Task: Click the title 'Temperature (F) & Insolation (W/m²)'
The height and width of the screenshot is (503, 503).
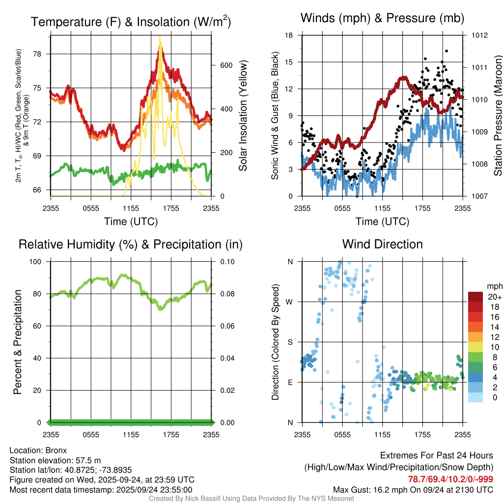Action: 131,22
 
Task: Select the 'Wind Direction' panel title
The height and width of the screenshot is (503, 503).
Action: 382,244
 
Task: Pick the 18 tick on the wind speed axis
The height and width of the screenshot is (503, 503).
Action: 289,35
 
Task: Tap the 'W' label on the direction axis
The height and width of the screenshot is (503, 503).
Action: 289,302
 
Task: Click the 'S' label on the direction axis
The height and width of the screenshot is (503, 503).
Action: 290,342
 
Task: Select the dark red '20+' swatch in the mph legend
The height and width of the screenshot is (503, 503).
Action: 475,297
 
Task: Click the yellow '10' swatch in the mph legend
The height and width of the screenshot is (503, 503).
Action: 475,346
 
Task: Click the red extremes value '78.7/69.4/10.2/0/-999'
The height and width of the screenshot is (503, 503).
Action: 450,479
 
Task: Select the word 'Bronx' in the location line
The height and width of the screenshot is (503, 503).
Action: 56,450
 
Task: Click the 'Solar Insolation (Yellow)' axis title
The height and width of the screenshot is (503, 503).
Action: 243,116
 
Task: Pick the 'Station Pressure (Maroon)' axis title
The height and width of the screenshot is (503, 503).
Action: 498,116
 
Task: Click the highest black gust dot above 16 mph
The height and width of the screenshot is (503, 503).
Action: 447,51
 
